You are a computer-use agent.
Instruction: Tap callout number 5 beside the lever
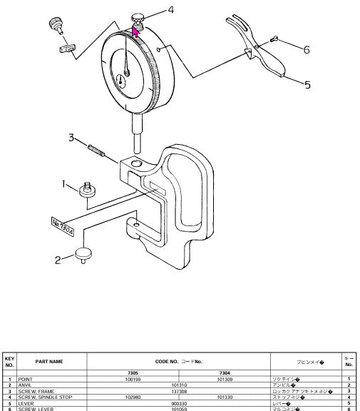tap(307, 85)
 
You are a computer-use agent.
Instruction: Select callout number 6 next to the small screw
tap(306, 49)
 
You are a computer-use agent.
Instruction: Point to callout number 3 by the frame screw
tap(72, 137)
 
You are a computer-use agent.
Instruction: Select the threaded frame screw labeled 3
tap(97, 151)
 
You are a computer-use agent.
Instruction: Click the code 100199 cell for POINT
tap(133, 378)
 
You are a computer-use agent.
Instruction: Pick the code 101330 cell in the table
tap(225, 395)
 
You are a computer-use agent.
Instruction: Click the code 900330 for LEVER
tap(179, 402)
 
